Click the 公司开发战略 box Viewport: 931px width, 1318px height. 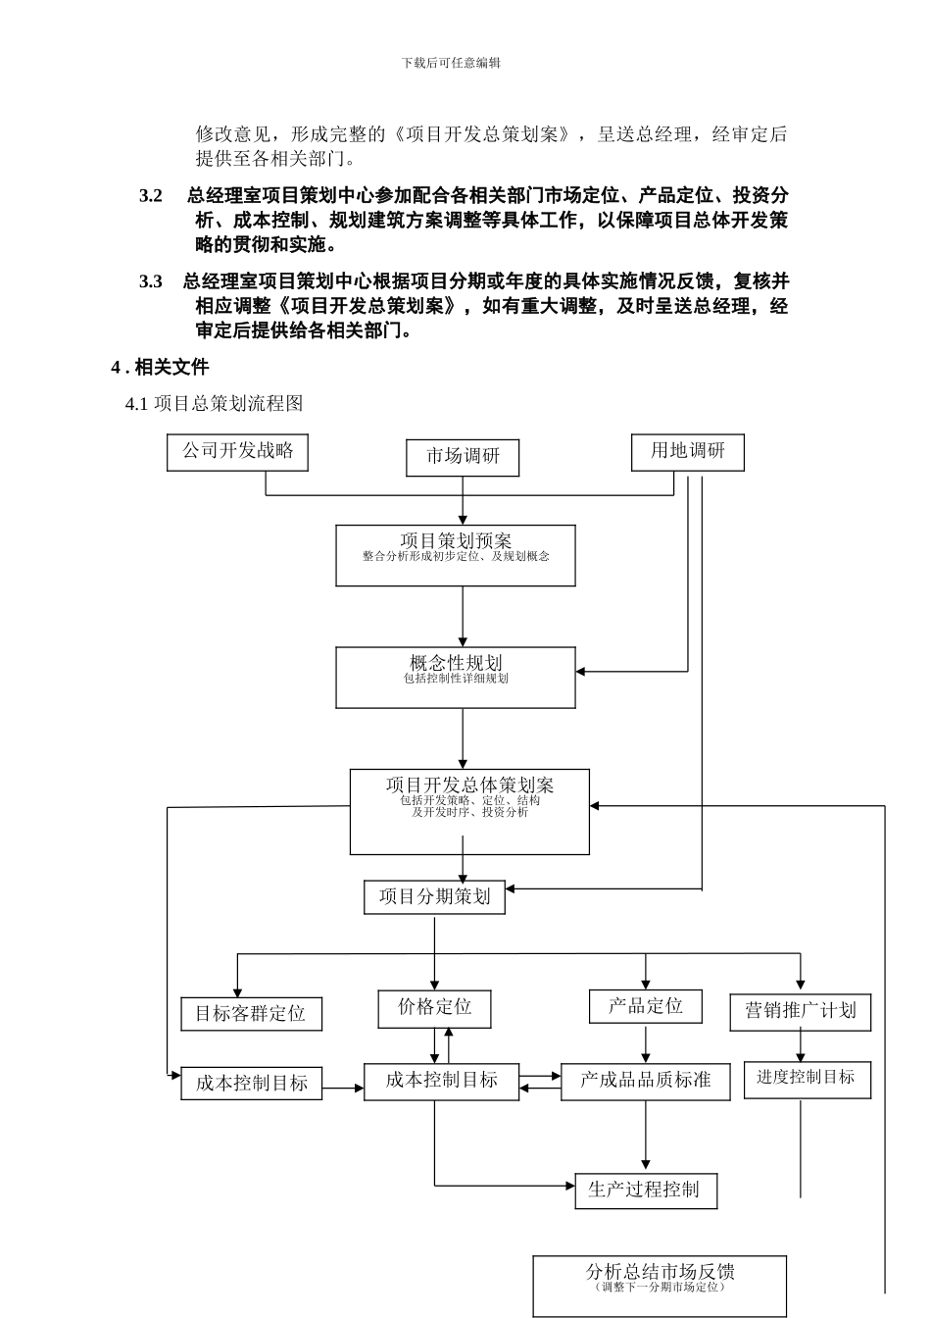coord(237,452)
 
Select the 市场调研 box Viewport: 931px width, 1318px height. coord(463,457)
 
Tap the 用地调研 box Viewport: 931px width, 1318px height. coord(687,452)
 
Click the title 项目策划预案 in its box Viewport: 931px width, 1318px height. coord(456,540)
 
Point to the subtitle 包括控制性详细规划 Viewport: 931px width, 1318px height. coord(456,679)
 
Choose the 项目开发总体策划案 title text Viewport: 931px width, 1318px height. coord(469,785)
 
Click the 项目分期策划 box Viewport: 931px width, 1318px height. coord(434,897)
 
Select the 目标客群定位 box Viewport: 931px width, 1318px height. coord(251,1014)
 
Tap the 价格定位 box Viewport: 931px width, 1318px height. coord(434,1008)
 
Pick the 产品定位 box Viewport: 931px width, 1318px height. coord(645,1006)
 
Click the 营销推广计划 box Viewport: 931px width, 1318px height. coord(800,1011)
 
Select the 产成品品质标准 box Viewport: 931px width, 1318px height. coord(645,1081)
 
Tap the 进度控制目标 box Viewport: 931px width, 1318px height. coord(807,1078)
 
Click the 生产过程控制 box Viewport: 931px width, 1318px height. coord(645,1191)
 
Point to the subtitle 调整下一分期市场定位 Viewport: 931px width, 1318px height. coord(660,1288)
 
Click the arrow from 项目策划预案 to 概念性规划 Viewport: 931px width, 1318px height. coord(463,617)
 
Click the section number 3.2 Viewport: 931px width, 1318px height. coord(151,196)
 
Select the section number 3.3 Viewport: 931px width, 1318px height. coord(151,282)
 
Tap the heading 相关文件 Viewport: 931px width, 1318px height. coord(171,368)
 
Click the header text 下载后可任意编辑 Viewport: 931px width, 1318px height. coord(451,63)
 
